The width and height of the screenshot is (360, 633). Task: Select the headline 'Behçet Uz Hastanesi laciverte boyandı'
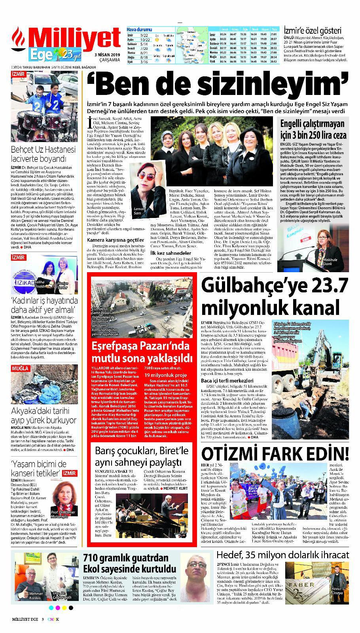44,155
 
